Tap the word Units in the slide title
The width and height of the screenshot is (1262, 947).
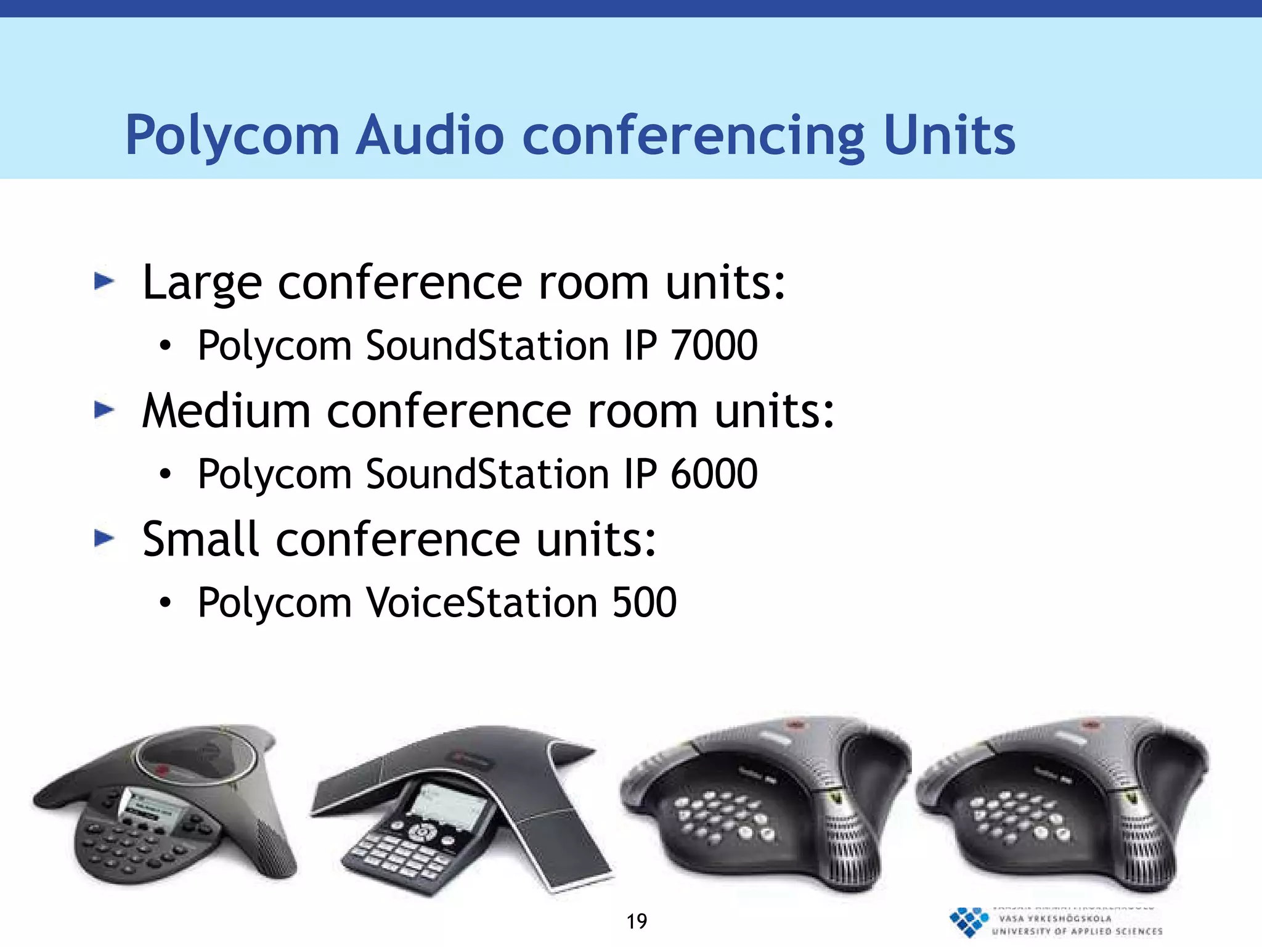[949, 136]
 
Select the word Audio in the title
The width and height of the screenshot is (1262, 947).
[431, 136]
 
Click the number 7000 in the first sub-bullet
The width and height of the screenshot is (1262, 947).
[714, 345]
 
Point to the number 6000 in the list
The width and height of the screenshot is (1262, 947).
[714, 474]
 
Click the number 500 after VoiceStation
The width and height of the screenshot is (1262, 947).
[645, 602]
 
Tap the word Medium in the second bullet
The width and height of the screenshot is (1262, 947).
[226, 411]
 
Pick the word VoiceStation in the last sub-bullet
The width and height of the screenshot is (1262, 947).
[482, 602]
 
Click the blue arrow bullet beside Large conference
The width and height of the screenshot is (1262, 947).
[104, 282]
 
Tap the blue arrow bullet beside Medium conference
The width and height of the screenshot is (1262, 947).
[104, 410]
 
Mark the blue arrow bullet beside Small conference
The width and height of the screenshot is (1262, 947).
[104, 538]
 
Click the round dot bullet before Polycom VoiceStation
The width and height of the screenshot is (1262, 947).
[165, 603]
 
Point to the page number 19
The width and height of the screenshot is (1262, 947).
[637, 922]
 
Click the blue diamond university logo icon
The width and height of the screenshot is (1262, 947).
[968, 922]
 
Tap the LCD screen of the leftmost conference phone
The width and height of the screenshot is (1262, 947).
[148, 804]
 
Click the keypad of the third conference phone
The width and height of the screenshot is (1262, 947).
[721, 818]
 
